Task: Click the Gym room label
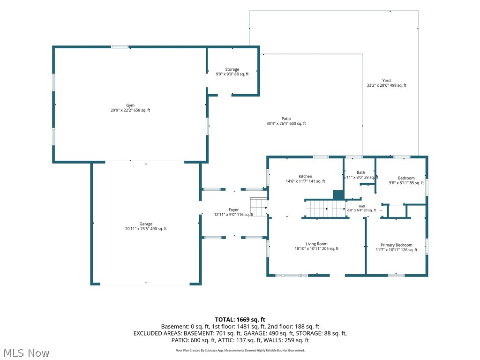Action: pyautogui.click(x=130, y=105)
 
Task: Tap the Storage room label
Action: pyautogui.click(x=232, y=69)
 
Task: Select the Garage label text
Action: pyautogui.click(x=146, y=224)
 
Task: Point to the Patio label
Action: pyautogui.click(x=286, y=119)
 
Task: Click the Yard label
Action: pyautogui.click(x=386, y=81)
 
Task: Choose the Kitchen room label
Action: pyautogui.click(x=305, y=176)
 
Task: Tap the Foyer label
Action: pyautogui.click(x=233, y=210)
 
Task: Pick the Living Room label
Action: pyautogui.click(x=316, y=244)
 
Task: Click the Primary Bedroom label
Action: pyautogui.click(x=397, y=245)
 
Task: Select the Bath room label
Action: pyautogui.click(x=361, y=172)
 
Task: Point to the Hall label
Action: pyautogui.click(x=361, y=206)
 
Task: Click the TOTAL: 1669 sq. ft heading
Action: pyautogui.click(x=240, y=320)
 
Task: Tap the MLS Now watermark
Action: pyautogui.click(x=27, y=353)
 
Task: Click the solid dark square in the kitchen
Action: pyautogui.click(x=338, y=195)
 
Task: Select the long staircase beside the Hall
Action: pyautogui.click(x=326, y=209)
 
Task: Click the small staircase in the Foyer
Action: pyautogui.click(x=259, y=207)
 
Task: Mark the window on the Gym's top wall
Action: pyautogui.click(x=120, y=47)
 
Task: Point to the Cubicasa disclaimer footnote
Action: pyautogui.click(x=240, y=351)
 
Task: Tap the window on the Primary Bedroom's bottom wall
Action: pyautogui.click(x=396, y=276)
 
